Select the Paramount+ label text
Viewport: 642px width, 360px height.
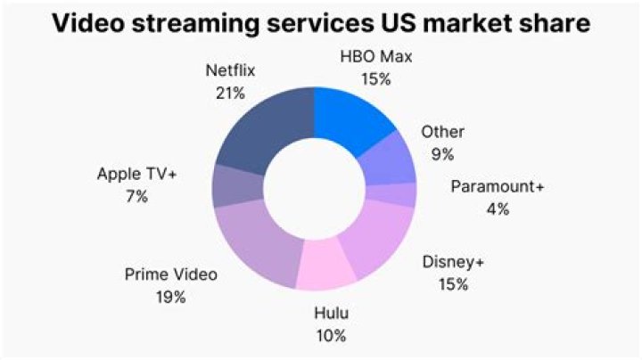click(498, 188)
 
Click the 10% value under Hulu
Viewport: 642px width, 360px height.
click(330, 335)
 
